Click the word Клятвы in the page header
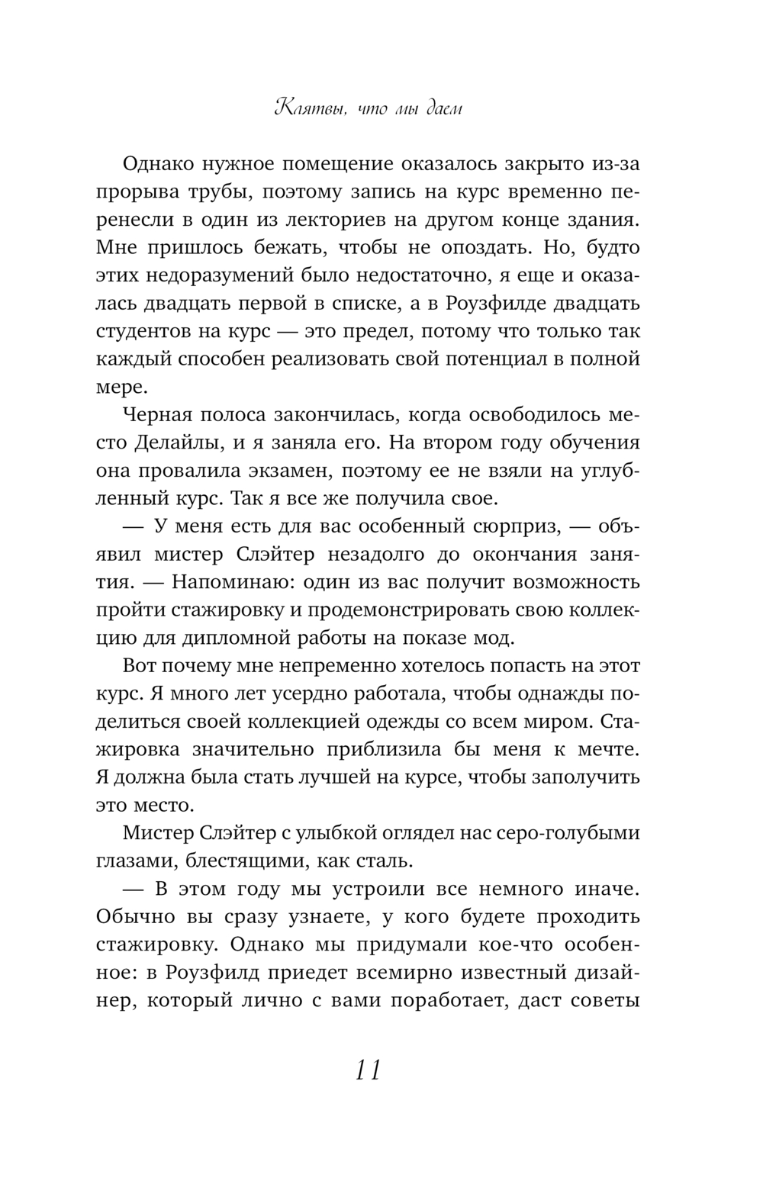[x=303, y=109]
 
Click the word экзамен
[x=286, y=471]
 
